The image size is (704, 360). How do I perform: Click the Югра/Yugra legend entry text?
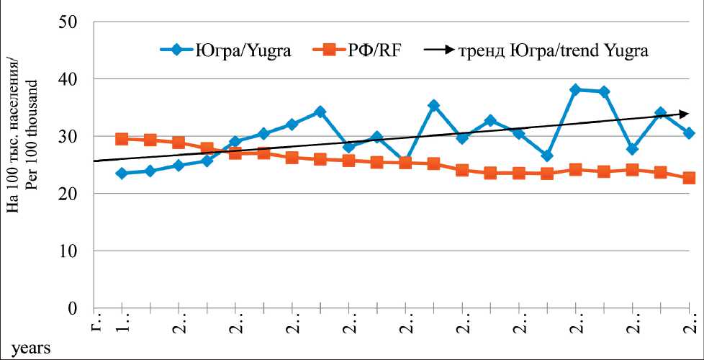tap(244, 50)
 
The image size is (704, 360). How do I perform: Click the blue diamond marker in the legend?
tap(177, 50)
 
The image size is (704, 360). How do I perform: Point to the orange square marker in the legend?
tap(330, 50)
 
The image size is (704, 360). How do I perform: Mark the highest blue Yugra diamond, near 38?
tap(575, 90)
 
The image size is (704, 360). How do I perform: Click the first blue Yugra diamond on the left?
tap(122, 174)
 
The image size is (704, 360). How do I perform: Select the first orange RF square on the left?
tap(122, 139)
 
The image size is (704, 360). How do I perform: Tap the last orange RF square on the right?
tap(689, 178)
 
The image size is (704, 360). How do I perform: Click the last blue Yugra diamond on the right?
tap(689, 133)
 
